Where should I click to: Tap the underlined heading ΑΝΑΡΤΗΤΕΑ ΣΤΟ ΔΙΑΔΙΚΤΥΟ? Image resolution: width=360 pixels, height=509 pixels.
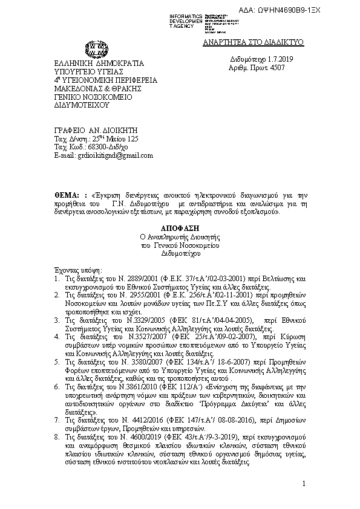coord(252,42)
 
